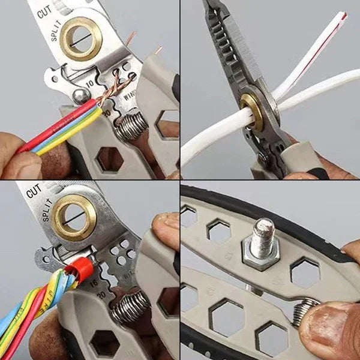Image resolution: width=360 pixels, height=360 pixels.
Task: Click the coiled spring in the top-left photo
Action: pos(131,126)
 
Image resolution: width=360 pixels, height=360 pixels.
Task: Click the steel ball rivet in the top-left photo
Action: pos(82,96)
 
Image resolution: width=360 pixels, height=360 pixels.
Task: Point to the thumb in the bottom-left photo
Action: pos(165,231)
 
